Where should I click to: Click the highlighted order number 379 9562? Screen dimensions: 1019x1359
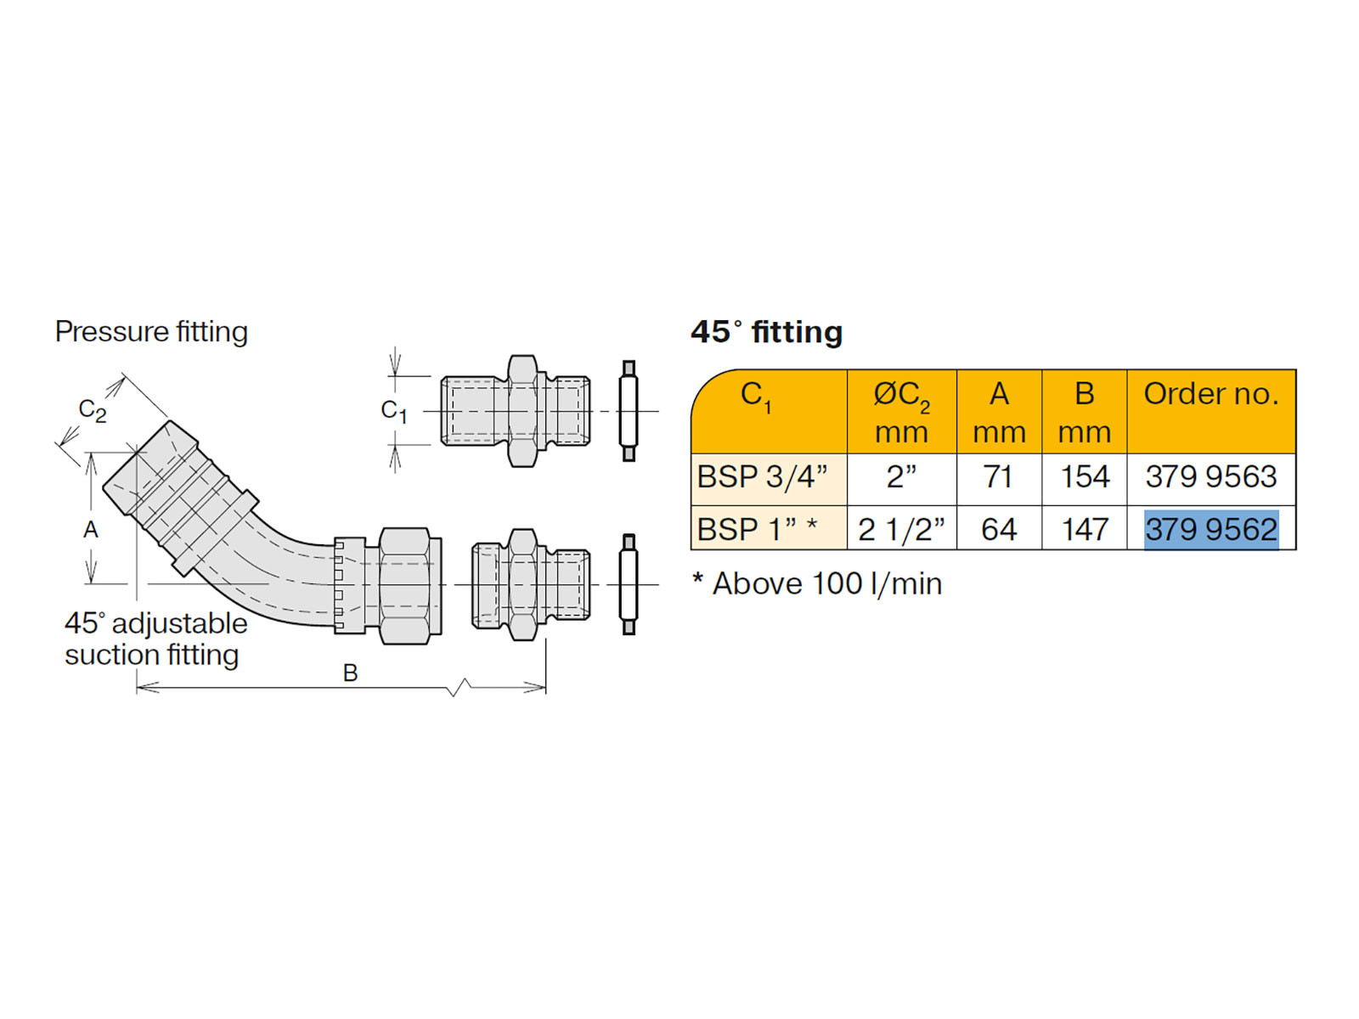click(x=1210, y=529)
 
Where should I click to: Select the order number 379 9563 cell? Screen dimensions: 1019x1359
click(x=1210, y=477)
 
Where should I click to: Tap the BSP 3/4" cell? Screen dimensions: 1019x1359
click(x=762, y=477)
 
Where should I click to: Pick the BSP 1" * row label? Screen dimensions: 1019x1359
click(x=757, y=529)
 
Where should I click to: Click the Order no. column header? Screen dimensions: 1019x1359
click(x=1210, y=394)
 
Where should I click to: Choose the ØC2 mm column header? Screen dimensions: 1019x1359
click(x=901, y=412)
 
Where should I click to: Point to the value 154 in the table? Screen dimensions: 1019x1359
click(x=1085, y=477)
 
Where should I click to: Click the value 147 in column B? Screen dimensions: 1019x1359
click(x=1085, y=529)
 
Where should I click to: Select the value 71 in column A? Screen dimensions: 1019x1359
click(x=999, y=477)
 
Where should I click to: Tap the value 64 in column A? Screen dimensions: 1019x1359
click(x=999, y=529)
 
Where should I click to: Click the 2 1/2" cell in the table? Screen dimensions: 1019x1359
click(x=901, y=529)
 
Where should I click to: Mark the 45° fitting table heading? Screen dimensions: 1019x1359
click(x=766, y=332)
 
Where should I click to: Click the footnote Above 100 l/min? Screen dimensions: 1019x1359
click(x=817, y=584)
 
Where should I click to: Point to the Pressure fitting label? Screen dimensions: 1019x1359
click(x=151, y=331)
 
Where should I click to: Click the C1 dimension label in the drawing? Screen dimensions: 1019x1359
click(x=393, y=411)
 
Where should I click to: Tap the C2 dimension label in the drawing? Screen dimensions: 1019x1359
click(x=92, y=410)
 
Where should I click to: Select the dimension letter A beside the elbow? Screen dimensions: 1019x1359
click(x=91, y=530)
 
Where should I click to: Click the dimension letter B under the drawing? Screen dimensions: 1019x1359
click(x=350, y=673)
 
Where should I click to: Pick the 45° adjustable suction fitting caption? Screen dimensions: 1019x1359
click(x=155, y=639)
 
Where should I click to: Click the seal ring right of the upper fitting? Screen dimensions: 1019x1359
click(x=629, y=411)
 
